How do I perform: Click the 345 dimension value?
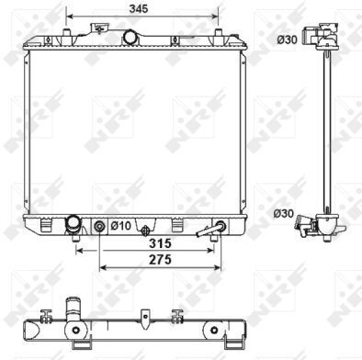coord(139,8)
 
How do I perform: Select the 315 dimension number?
coord(160,243)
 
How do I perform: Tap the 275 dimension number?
coord(160,260)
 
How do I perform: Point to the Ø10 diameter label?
coord(120,226)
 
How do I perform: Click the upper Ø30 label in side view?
coord(287,39)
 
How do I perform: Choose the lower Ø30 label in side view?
coord(283,213)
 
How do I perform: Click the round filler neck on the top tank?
coord(130,37)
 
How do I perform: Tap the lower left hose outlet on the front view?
coord(74,226)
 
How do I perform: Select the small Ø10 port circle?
coord(99,227)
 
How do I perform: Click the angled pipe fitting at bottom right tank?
coord(212,230)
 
